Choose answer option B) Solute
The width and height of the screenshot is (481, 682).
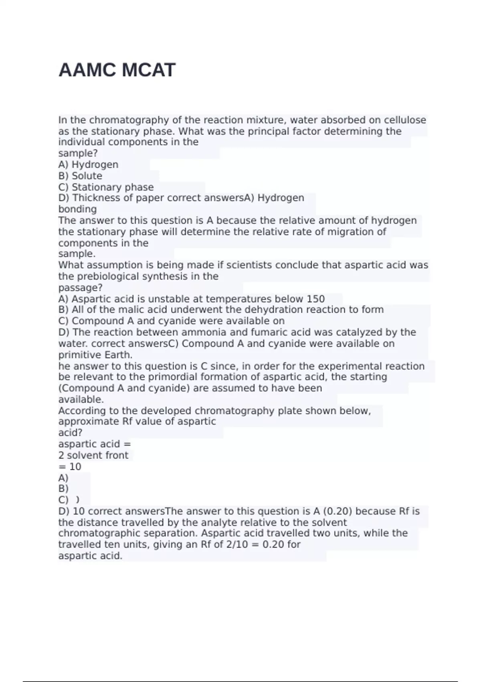(x=80, y=176)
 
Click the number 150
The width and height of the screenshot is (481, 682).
(x=315, y=299)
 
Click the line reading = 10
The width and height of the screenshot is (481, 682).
(x=70, y=467)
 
